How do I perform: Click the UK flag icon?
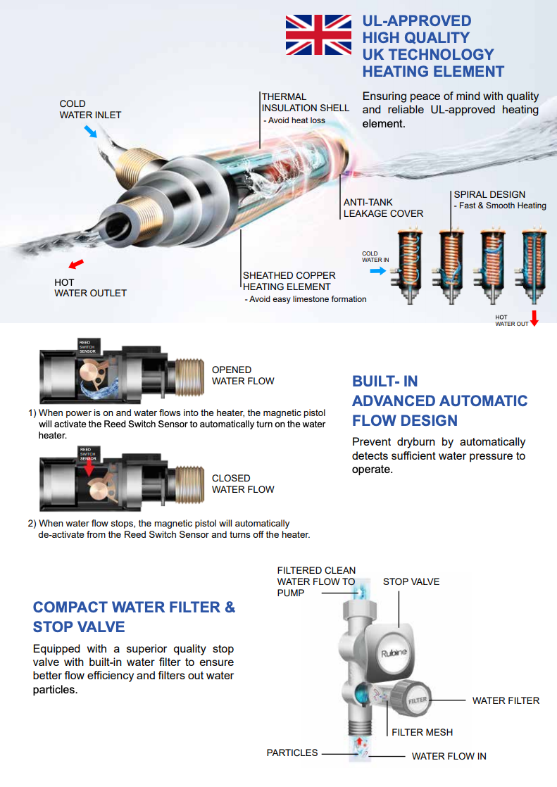(x=318, y=35)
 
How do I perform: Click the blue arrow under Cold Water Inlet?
(x=90, y=131)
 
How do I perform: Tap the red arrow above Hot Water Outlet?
(x=75, y=264)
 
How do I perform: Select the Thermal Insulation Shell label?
(x=305, y=103)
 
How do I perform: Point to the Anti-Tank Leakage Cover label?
(x=383, y=208)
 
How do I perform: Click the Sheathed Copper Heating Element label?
(x=289, y=281)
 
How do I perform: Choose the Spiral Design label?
(x=489, y=194)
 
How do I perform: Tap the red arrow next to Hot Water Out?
(x=534, y=317)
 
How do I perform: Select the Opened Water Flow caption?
(x=243, y=375)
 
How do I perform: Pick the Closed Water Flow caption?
(x=243, y=484)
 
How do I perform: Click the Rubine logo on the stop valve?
(x=394, y=653)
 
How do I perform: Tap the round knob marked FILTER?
(x=415, y=700)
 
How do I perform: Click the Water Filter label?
(x=506, y=700)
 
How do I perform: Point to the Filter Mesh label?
(x=422, y=732)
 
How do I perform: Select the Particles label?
(x=292, y=753)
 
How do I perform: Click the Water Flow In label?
(x=449, y=756)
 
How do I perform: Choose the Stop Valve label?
(x=411, y=581)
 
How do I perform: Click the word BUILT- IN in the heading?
(x=384, y=381)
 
